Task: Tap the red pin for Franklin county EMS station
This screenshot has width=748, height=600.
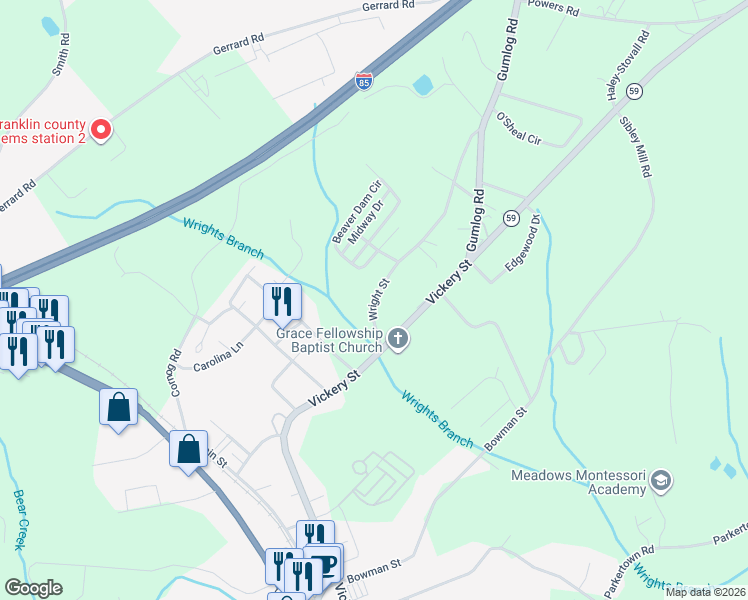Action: point(100,129)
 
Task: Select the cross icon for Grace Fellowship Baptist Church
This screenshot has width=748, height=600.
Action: point(398,339)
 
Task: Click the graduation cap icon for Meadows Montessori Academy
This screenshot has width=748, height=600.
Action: point(660,482)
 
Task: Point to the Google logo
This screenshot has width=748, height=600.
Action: point(33,589)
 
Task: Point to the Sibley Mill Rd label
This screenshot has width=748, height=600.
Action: point(636,146)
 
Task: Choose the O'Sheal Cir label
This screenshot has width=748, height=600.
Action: point(518,130)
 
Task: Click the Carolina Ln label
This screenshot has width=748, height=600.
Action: point(218,359)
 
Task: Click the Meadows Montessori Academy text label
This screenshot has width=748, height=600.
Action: point(578,482)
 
